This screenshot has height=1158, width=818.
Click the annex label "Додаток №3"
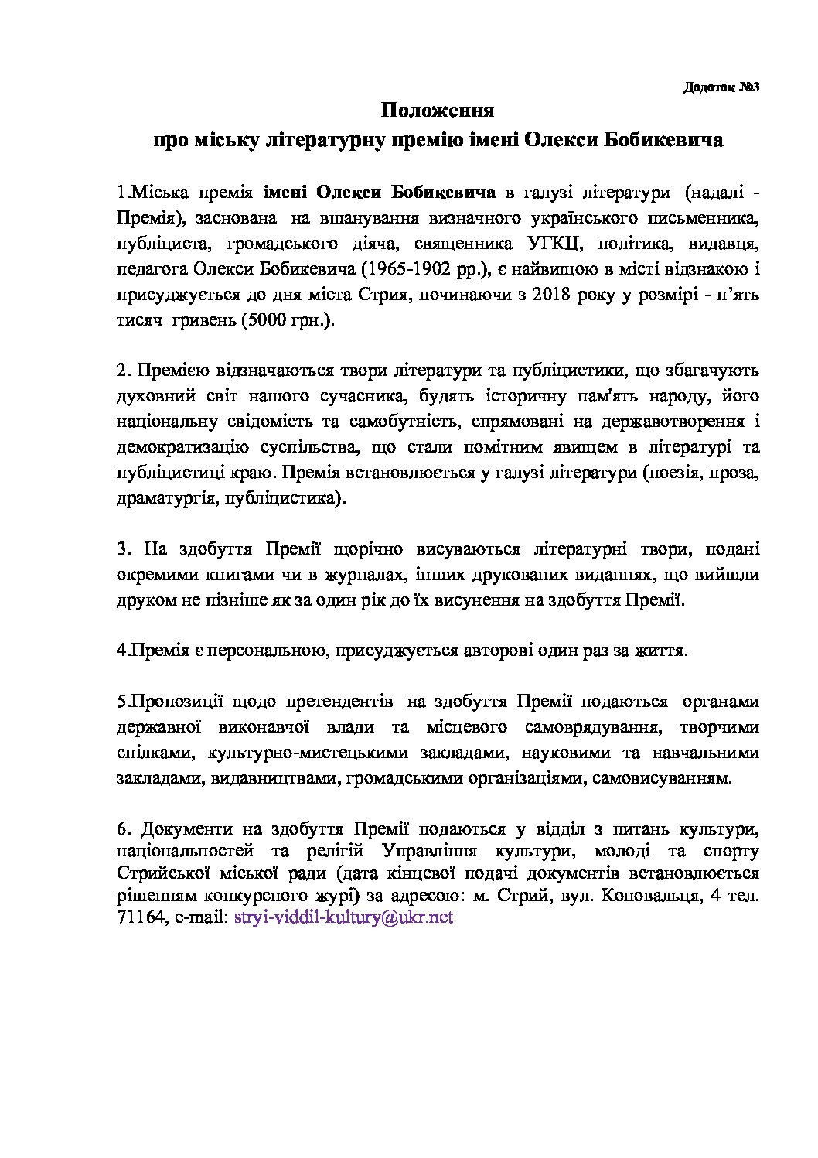(722, 87)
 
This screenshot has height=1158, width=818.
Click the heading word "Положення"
(438, 111)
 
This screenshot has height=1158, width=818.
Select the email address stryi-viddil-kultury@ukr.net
(342, 917)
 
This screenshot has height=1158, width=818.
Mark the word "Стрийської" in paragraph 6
(157, 873)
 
